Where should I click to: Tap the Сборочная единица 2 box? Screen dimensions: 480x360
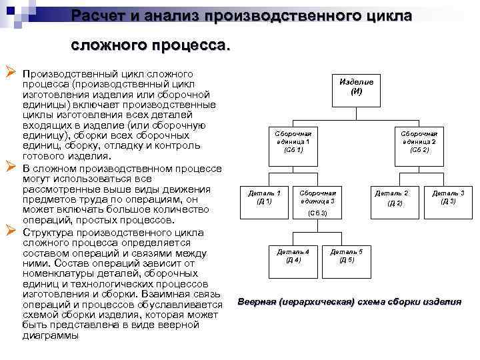click(x=419, y=141)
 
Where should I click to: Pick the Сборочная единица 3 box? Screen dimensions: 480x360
click(x=318, y=197)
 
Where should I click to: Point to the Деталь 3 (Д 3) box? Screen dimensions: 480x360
click(x=448, y=197)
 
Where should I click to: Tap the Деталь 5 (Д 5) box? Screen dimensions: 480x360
click(x=347, y=255)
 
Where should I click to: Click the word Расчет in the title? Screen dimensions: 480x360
click(x=100, y=15)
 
